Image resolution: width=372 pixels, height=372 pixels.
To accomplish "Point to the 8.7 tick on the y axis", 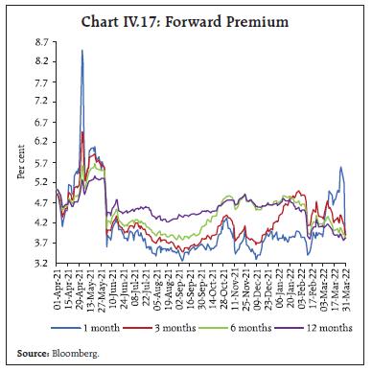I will click(42, 43).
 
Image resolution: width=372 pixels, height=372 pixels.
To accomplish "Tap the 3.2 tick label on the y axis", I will click(42, 263).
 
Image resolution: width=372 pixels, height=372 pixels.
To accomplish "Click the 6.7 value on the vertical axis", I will click(42, 123).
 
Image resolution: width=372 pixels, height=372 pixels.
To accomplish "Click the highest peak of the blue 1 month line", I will click(82, 51).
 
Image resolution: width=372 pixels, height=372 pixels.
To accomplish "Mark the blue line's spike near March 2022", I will click(340, 167).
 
